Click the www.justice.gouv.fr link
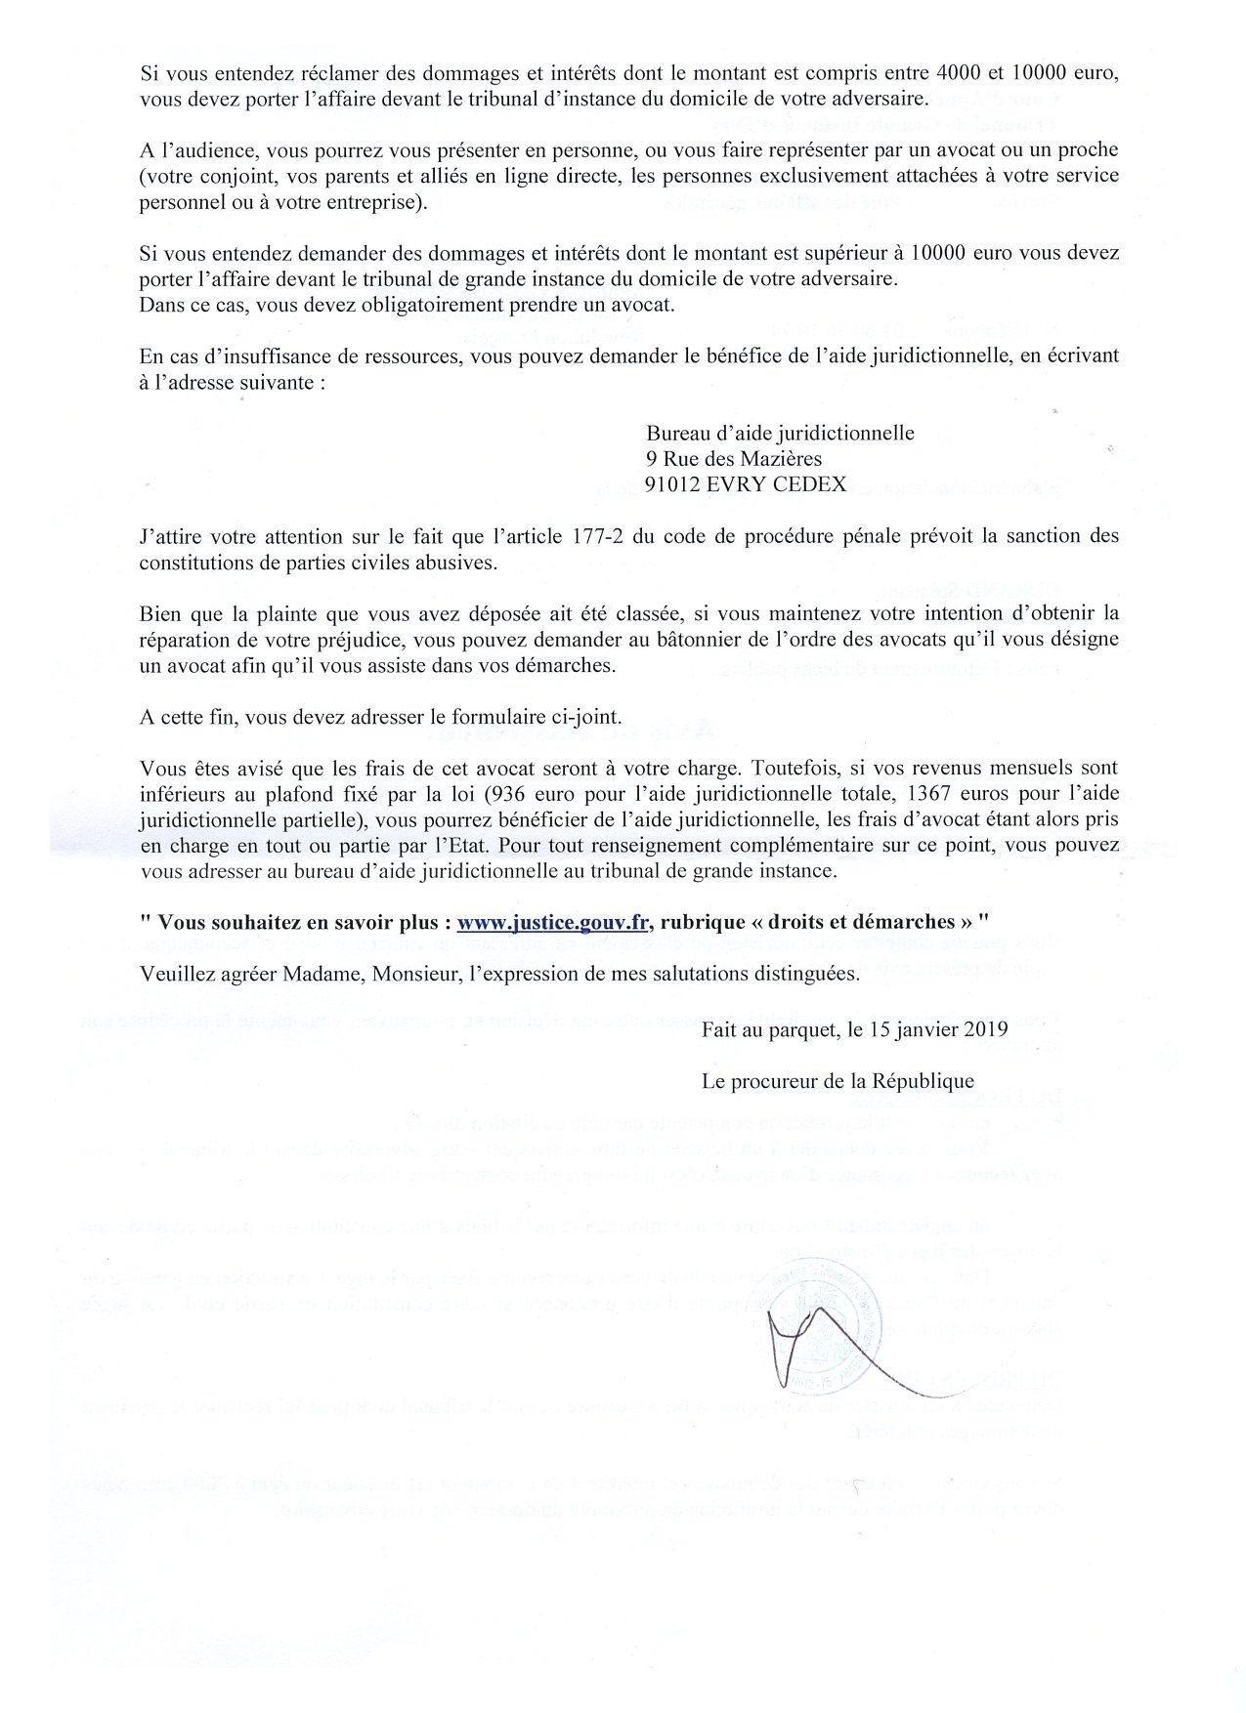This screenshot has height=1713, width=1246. (x=554, y=922)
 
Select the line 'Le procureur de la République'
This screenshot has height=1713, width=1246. (x=838, y=1081)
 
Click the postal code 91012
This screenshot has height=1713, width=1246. (x=673, y=483)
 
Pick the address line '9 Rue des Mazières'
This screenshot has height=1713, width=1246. (x=733, y=458)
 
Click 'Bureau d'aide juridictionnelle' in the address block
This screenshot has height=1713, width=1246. (x=780, y=433)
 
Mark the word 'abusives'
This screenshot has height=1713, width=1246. (x=464, y=563)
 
